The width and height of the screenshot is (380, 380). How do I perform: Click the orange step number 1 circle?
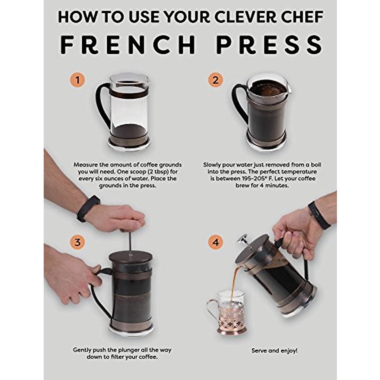pyautogui.click(x=78, y=80)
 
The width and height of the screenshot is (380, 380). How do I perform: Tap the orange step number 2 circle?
pyautogui.click(x=215, y=80)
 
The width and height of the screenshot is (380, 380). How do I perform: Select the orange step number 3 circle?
pyautogui.click(x=78, y=242)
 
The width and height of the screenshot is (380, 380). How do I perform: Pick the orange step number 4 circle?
pyautogui.click(x=215, y=243)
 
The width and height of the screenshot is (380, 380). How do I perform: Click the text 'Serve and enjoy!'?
pyautogui.click(x=274, y=351)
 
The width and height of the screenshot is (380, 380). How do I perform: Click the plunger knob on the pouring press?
pyautogui.click(x=243, y=238)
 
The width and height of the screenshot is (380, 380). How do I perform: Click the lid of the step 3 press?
pyautogui.click(x=130, y=257)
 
